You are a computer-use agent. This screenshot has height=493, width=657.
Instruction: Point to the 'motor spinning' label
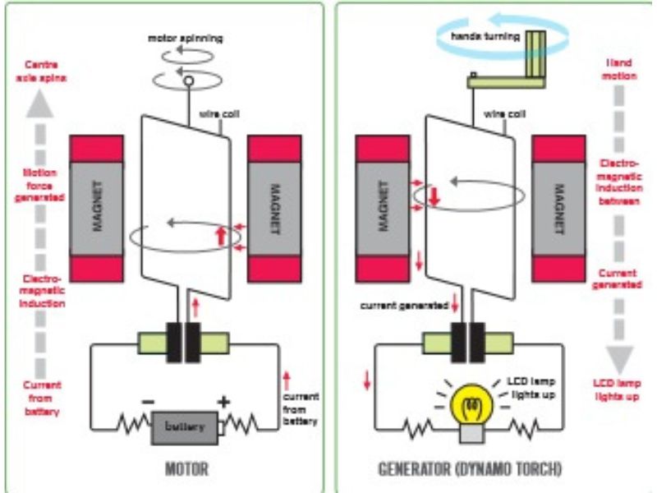click(x=185, y=39)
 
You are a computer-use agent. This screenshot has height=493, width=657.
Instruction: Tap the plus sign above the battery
click(x=222, y=403)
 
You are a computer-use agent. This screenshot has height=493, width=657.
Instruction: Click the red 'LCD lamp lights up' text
click(x=617, y=390)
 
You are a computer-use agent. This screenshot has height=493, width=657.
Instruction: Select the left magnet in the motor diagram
click(x=97, y=209)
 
